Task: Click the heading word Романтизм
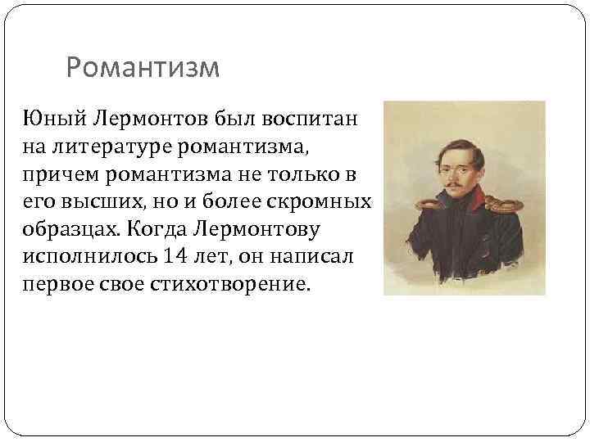[x=143, y=68]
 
